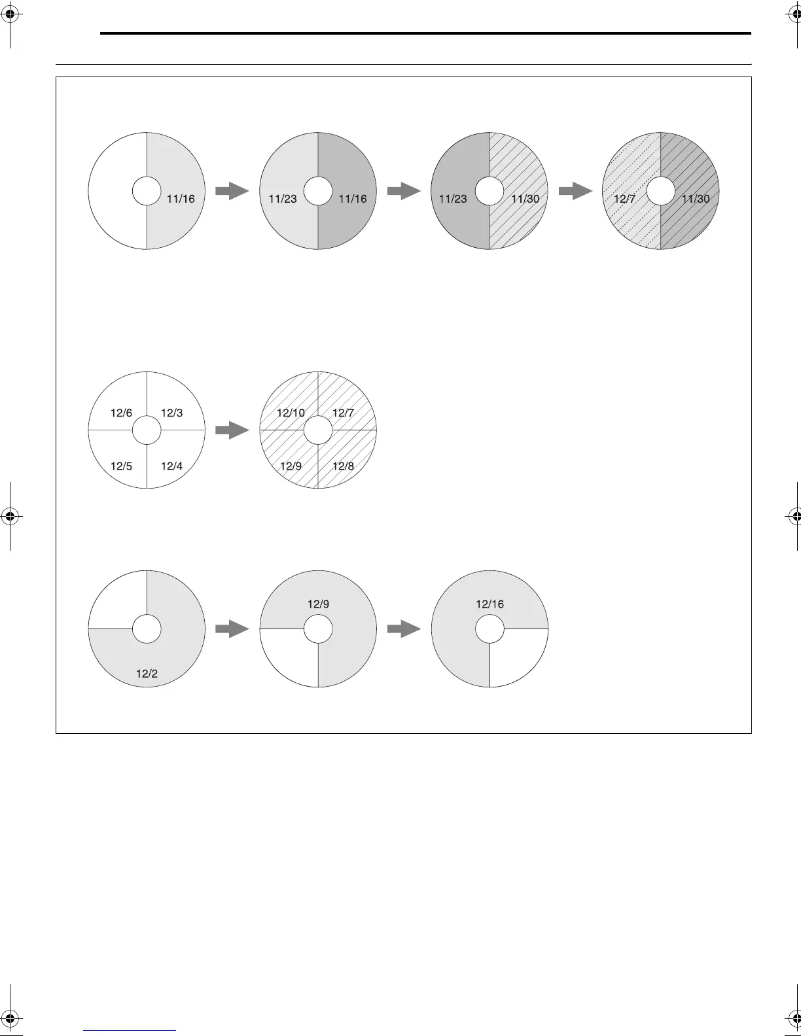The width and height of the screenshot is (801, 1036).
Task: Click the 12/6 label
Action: (x=121, y=413)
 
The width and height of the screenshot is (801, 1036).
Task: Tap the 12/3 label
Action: (x=171, y=413)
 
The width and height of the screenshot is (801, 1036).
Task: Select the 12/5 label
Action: (x=121, y=466)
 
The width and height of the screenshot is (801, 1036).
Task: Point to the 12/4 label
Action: (x=171, y=466)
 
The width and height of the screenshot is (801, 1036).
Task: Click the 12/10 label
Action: (x=291, y=413)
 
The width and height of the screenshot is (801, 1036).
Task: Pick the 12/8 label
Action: (x=343, y=466)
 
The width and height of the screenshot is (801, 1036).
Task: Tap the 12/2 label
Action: (x=147, y=674)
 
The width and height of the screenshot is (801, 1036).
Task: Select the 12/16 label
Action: (x=489, y=604)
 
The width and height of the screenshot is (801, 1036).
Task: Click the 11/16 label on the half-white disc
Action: (x=181, y=199)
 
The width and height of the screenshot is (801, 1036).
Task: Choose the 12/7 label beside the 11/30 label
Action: (x=624, y=199)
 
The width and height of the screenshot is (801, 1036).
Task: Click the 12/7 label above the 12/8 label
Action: (x=343, y=413)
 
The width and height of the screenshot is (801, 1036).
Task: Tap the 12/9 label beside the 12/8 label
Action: (x=291, y=466)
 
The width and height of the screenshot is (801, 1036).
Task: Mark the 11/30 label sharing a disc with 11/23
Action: (x=525, y=199)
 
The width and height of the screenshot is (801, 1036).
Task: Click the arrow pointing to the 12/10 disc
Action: (x=232, y=430)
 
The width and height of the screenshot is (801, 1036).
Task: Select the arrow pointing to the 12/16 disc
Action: (x=404, y=629)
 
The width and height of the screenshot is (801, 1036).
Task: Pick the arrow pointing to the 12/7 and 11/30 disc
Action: (x=576, y=191)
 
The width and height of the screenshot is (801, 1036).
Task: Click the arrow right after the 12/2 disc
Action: (x=232, y=629)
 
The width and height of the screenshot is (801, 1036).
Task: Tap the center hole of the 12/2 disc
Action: (x=147, y=629)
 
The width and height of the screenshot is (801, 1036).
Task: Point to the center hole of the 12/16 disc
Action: (x=489, y=629)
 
